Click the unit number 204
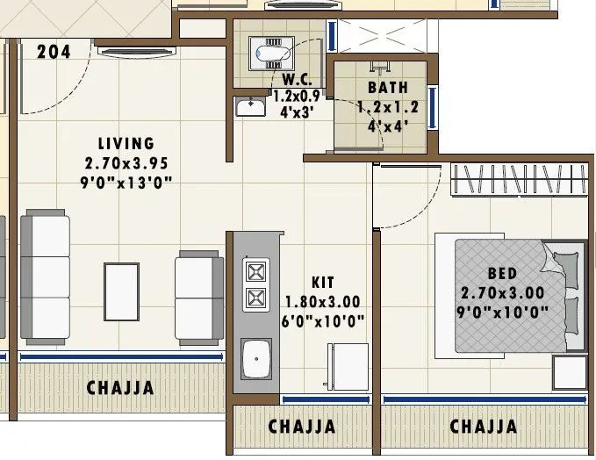[54, 52]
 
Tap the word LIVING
[126, 143]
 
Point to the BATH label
[387, 88]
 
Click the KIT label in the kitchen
[323, 283]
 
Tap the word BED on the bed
[503, 272]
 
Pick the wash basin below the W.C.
[251, 108]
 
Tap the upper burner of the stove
[255, 271]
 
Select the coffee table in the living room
[121, 293]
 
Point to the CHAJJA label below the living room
[120, 387]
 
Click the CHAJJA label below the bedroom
[484, 427]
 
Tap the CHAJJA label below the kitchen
[302, 427]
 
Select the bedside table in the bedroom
[570, 372]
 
